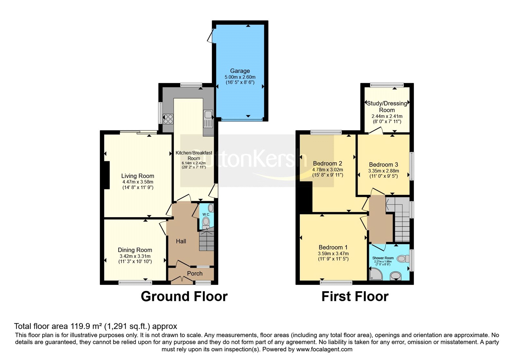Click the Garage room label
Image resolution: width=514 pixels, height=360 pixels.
point(240,71)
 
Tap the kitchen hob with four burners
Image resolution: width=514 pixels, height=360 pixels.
point(168,119)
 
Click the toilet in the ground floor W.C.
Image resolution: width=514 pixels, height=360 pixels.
point(206,222)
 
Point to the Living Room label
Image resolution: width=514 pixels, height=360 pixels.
point(137,176)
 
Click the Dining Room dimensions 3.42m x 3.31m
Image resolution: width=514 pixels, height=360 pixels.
point(135,256)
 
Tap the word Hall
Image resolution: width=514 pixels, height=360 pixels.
point(181,241)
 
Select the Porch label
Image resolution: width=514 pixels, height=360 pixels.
point(195,274)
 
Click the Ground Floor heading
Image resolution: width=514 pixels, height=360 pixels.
point(184,296)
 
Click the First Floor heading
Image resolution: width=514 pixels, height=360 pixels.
point(355,296)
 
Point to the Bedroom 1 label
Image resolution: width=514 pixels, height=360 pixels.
point(333,247)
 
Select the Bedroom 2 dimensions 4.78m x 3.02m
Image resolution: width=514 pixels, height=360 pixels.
point(327,170)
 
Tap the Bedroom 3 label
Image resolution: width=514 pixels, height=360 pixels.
point(383,165)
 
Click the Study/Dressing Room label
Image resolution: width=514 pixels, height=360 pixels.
point(387,106)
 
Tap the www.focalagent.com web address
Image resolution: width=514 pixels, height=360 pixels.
point(324,349)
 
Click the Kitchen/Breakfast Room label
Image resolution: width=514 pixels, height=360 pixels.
point(194,156)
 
